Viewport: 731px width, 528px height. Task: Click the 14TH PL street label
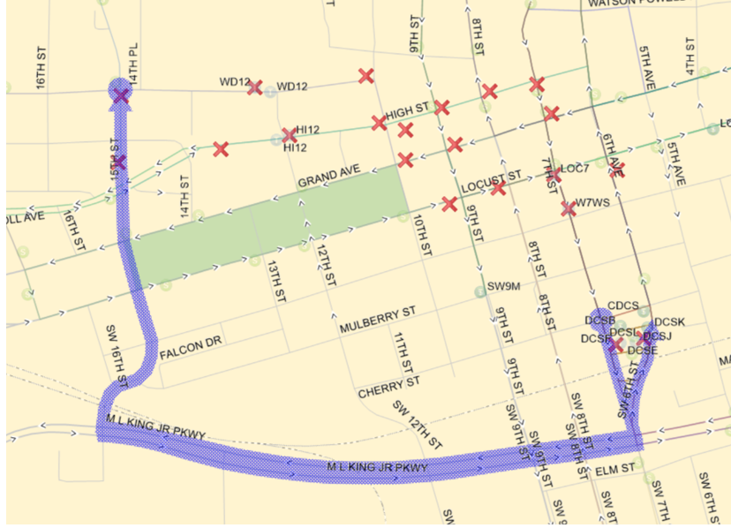[x=133, y=64]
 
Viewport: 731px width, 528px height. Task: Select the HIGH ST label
[x=407, y=111]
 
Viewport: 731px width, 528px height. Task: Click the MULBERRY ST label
[x=377, y=320]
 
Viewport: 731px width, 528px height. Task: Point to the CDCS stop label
[x=622, y=305]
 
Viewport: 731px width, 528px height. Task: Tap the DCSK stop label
[x=670, y=321]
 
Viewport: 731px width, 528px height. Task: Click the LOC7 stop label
[x=575, y=168]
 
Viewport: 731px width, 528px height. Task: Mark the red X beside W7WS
[x=567, y=209]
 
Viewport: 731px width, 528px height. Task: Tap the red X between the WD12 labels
[x=254, y=87]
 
